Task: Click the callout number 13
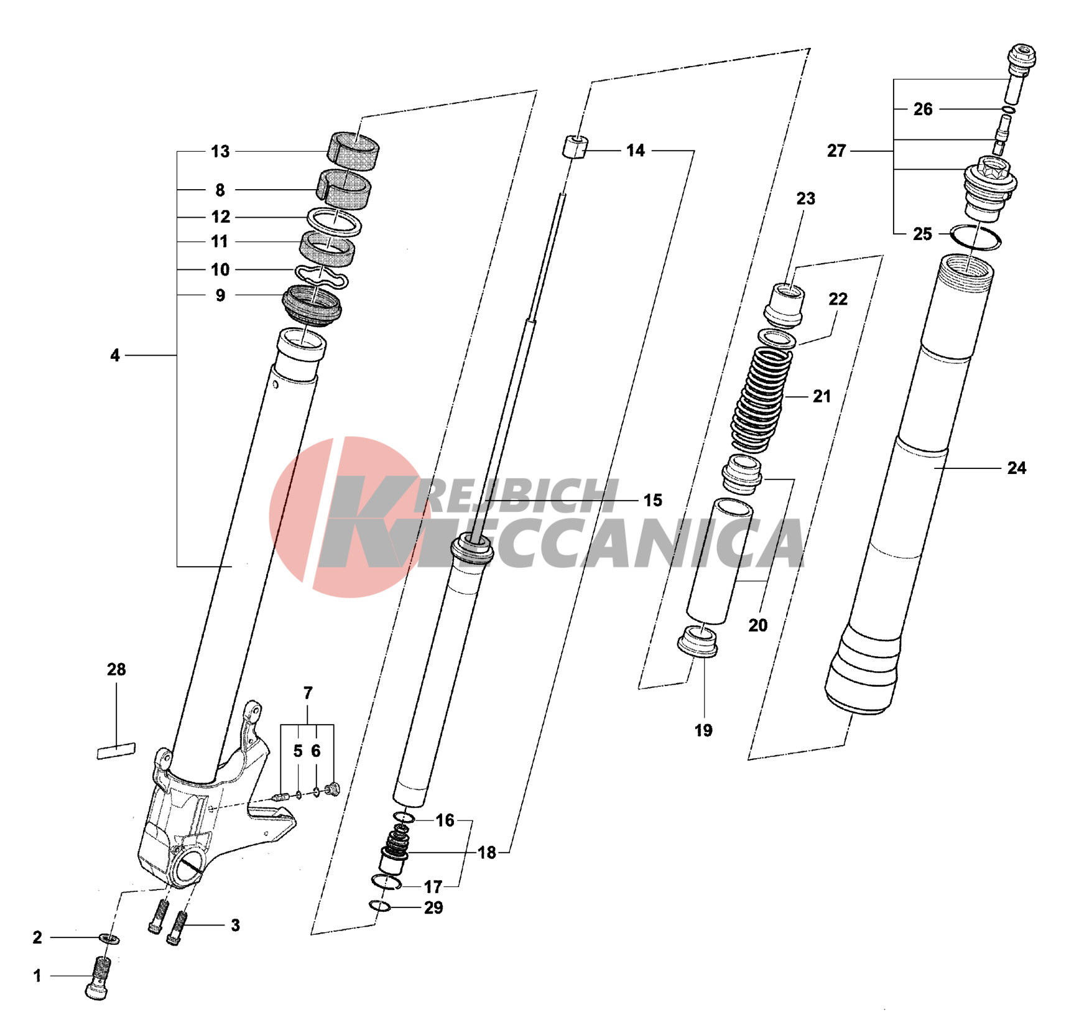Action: [220, 151]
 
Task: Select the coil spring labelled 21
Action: [762, 398]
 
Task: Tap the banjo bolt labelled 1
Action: [99, 978]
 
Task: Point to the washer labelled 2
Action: [109, 938]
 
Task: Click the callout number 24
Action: [1016, 468]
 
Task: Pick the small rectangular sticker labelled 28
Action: [116, 751]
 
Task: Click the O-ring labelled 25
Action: [976, 238]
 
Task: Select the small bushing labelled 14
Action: [575, 147]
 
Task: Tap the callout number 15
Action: [652, 500]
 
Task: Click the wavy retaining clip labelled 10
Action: [321, 276]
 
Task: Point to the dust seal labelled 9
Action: [312, 304]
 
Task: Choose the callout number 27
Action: [836, 151]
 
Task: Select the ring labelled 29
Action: [380, 906]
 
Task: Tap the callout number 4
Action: [115, 355]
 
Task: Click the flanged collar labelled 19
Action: [698, 641]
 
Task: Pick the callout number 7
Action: [308, 693]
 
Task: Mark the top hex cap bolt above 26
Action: [1022, 57]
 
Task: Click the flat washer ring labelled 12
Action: [335, 222]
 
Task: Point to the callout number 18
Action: [487, 853]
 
